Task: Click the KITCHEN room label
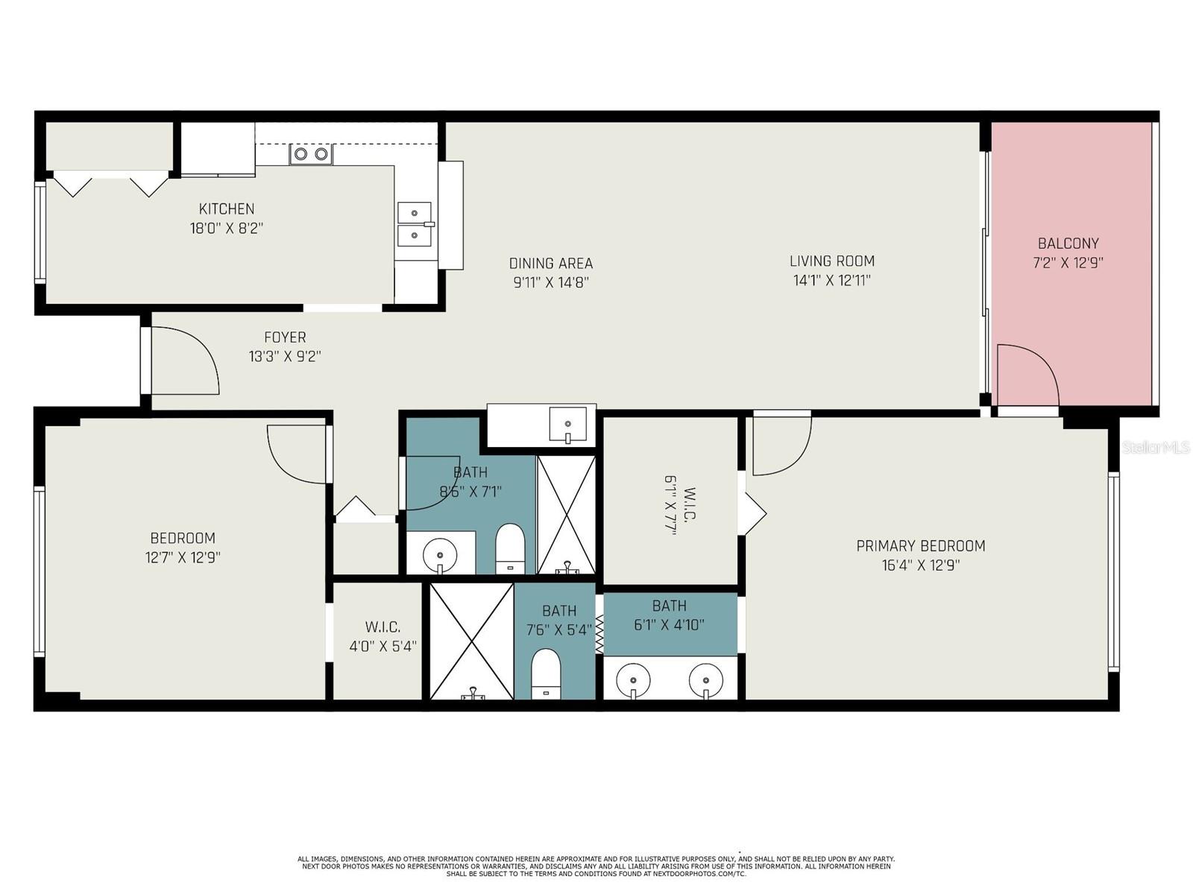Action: (226, 209)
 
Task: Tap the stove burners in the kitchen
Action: (311, 154)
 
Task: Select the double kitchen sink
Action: (415, 223)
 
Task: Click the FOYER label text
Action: (285, 337)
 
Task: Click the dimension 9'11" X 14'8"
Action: (551, 283)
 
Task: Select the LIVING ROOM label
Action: (832, 261)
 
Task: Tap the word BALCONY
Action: (1068, 243)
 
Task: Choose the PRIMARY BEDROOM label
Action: (921, 545)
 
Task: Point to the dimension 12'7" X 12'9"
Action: (183, 557)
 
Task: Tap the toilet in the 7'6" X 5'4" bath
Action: (545, 673)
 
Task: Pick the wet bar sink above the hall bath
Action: (568, 424)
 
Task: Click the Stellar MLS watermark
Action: (1156, 447)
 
